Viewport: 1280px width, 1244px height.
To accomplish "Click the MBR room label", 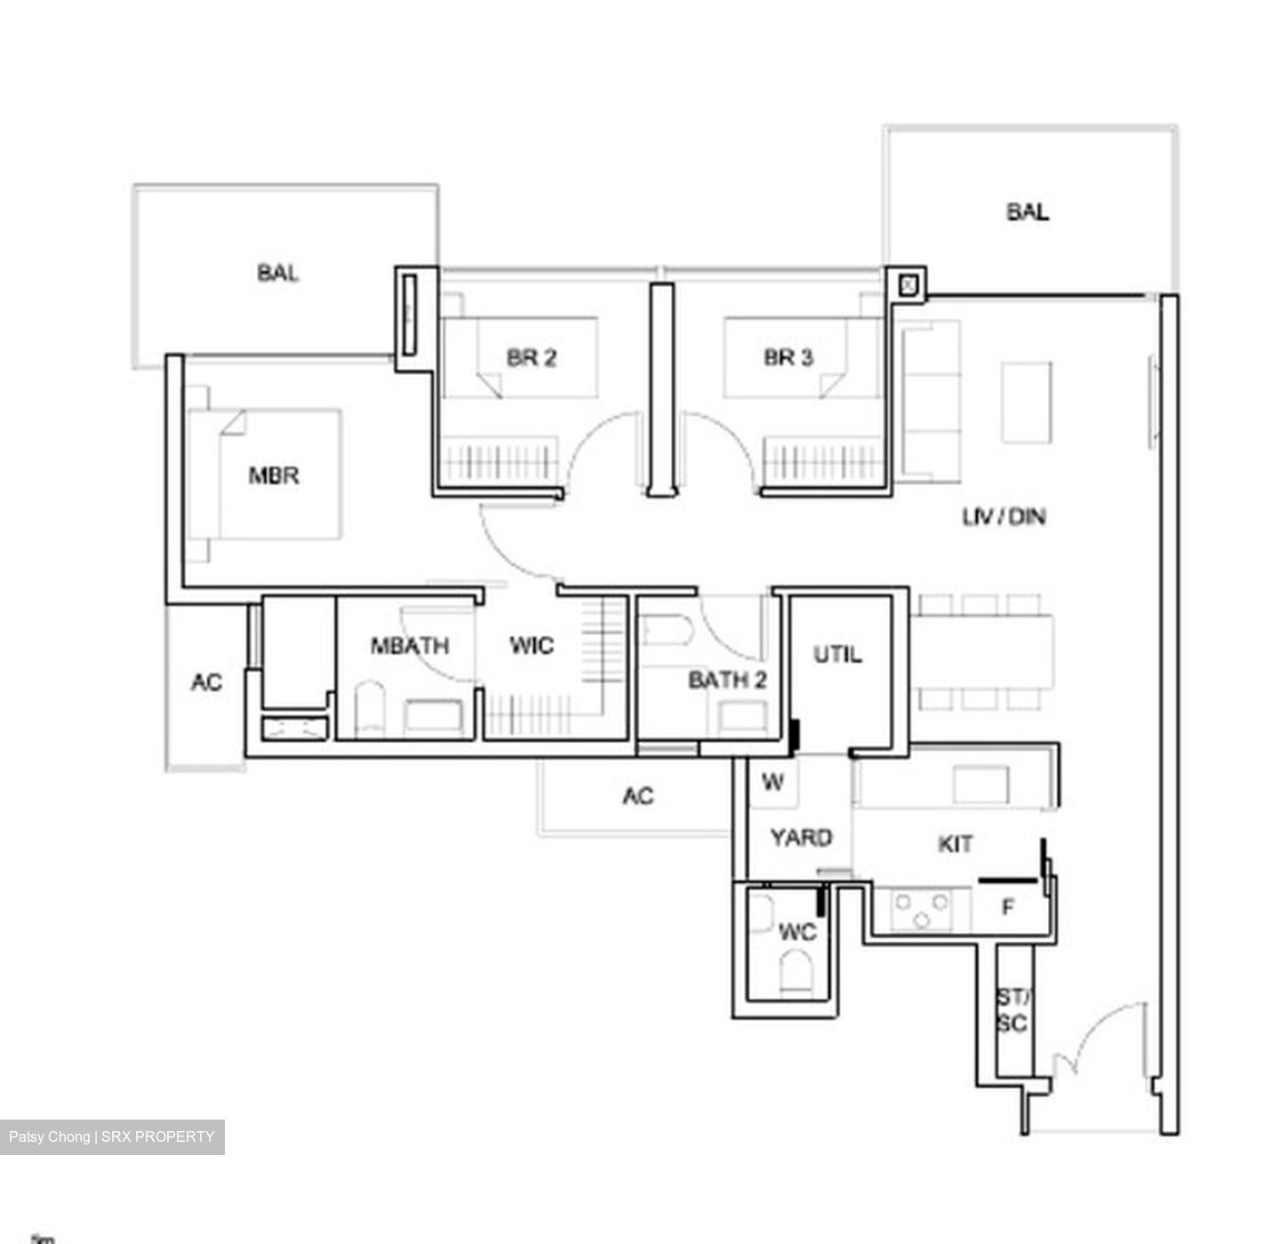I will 274,476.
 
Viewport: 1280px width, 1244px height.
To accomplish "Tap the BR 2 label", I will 532,358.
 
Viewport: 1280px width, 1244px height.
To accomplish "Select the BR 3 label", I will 788,358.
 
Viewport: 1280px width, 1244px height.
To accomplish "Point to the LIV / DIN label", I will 1004,516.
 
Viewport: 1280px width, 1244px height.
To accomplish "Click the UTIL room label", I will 837,655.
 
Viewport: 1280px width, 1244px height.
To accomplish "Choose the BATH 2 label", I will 727,681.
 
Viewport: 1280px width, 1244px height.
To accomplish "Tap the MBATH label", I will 410,646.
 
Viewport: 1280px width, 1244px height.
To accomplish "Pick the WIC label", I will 532,646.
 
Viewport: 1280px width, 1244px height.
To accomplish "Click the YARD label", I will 801,838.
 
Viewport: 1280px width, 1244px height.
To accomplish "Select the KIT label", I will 956,844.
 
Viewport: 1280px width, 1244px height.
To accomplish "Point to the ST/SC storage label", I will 1012,1011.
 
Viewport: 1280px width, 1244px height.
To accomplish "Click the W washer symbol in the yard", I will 773,783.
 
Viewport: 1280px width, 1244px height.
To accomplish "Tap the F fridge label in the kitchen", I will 1008,908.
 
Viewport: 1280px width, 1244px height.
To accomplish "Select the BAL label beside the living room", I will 1028,212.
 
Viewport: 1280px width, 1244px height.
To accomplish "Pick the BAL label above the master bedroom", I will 278,273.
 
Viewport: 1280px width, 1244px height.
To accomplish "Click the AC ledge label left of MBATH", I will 206,682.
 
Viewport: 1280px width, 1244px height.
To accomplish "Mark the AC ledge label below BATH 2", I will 638,796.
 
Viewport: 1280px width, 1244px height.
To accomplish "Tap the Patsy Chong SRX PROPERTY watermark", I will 112,1136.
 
